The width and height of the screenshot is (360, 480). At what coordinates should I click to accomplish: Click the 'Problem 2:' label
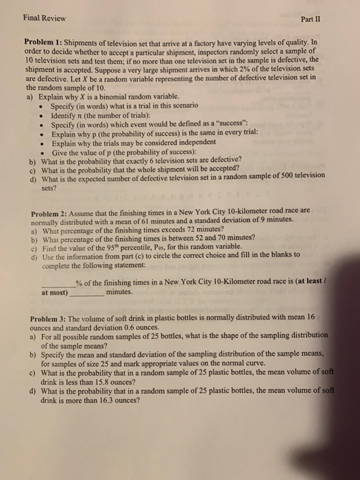[51, 211]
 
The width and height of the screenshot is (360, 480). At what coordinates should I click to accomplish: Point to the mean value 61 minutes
[176, 219]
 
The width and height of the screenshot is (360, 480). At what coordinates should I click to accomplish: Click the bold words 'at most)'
[55, 293]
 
